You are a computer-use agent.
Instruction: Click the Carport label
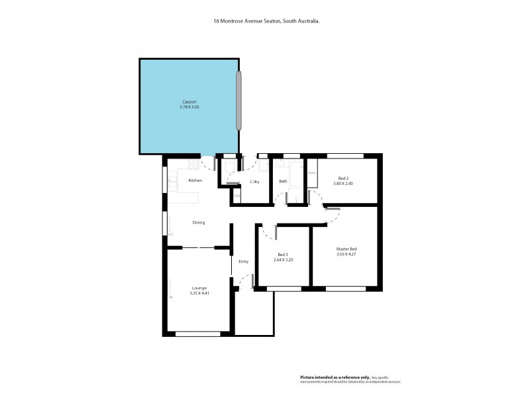click(x=189, y=102)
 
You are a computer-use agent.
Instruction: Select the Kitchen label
click(x=195, y=180)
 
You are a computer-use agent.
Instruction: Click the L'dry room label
click(x=254, y=181)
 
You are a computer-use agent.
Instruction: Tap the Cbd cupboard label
click(x=236, y=195)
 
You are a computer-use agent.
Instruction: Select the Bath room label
click(x=283, y=181)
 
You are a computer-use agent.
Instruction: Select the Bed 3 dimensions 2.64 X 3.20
click(x=283, y=260)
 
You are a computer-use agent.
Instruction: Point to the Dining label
click(x=198, y=222)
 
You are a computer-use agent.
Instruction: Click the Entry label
click(x=243, y=261)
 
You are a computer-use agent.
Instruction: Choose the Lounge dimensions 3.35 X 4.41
click(x=198, y=293)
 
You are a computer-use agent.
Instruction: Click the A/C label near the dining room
click(x=170, y=234)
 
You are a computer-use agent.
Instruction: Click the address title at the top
click(x=267, y=21)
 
